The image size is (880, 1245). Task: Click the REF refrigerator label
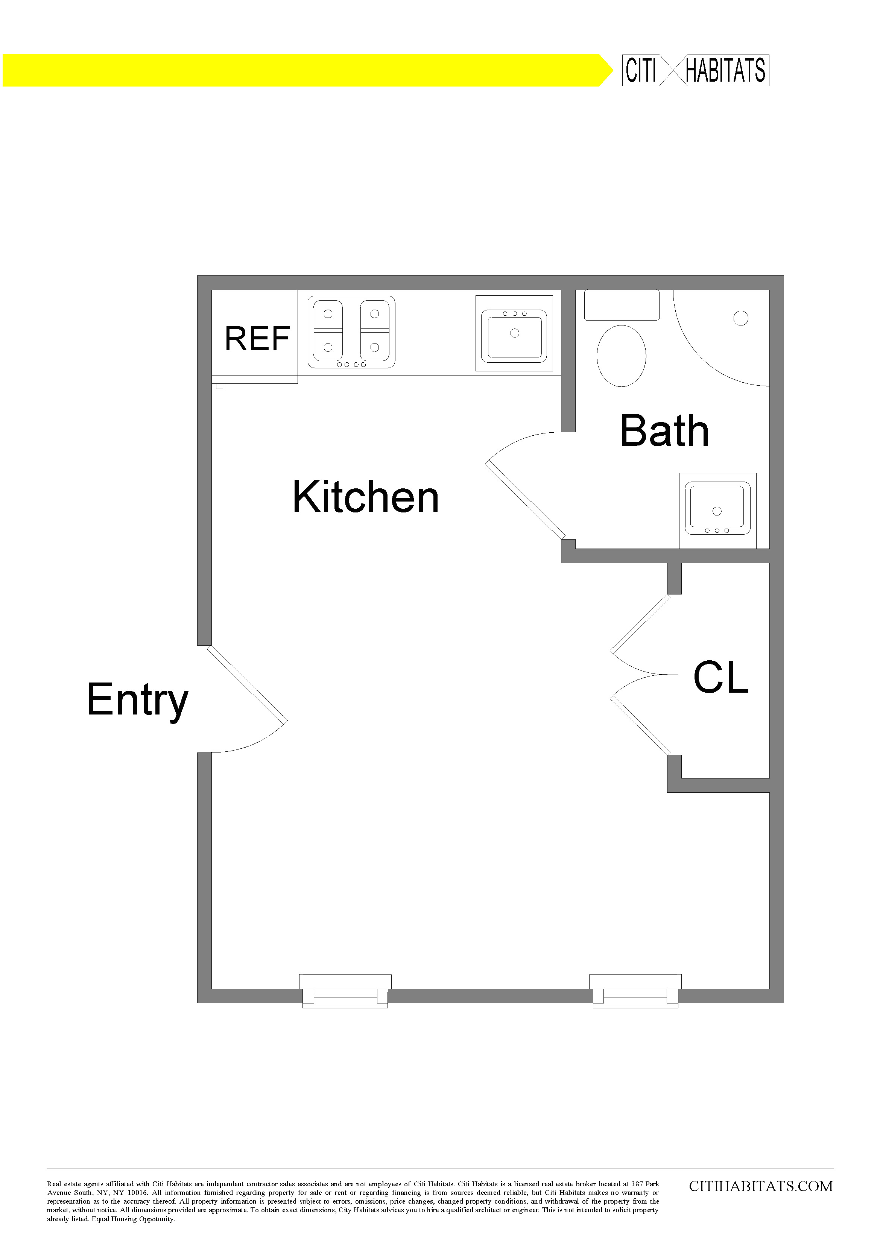(x=257, y=339)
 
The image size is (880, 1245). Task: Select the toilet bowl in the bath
(x=622, y=356)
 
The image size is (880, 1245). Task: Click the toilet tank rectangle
(x=622, y=305)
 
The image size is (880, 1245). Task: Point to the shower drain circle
(x=741, y=318)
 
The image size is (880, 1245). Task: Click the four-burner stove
(x=351, y=332)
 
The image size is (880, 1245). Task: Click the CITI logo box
(x=641, y=70)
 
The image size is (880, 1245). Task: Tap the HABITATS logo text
(x=725, y=70)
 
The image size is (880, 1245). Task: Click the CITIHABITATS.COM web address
(x=761, y=1186)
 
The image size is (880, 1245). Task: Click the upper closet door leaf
(x=640, y=623)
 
